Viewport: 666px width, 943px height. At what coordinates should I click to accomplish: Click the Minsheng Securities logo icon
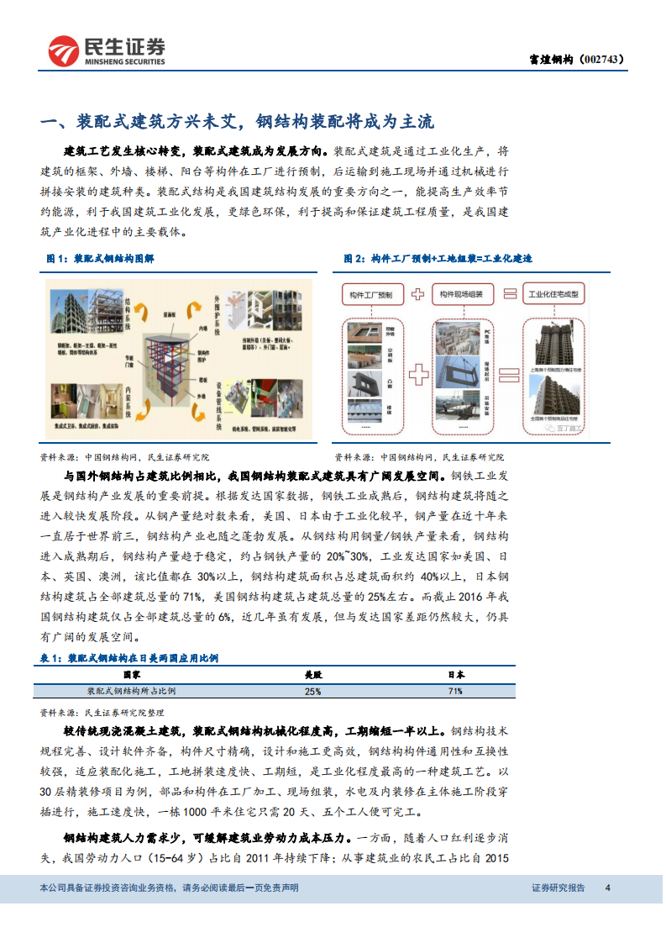(x=63, y=51)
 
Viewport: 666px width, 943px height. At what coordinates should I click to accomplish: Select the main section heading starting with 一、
(x=238, y=121)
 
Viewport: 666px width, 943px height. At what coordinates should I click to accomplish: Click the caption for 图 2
(x=438, y=259)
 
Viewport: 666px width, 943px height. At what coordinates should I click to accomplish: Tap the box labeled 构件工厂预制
(x=373, y=294)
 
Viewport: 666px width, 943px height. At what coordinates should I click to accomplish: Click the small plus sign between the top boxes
(x=417, y=294)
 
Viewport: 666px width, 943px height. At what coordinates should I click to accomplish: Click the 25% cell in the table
(x=312, y=691)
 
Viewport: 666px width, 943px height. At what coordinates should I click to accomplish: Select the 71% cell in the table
(x=454, y=691)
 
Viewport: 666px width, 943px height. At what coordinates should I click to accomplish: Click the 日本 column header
(x=454, y=674)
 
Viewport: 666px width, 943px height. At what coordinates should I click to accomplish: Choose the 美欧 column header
(x=312, y=674)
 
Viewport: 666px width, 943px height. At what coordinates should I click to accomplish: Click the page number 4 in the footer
(x=607, y=888)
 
